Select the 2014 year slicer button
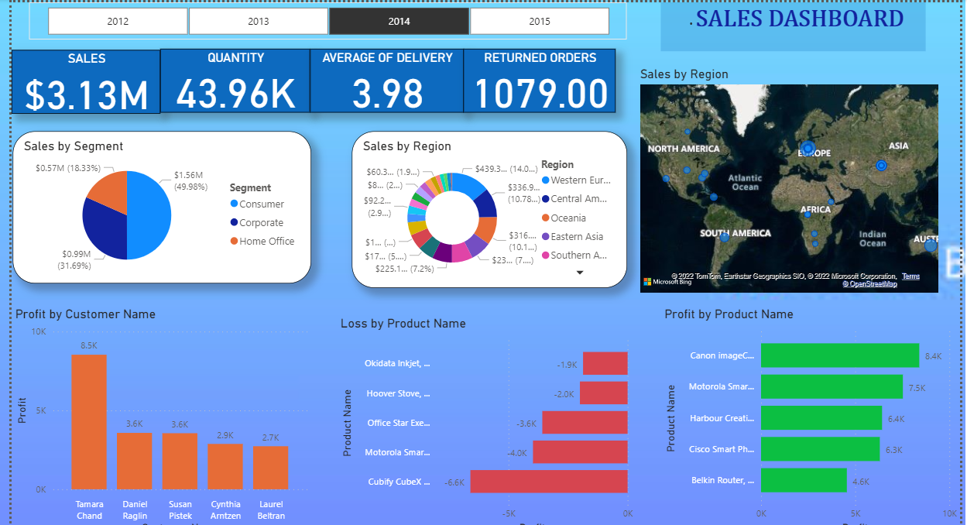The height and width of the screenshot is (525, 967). coord(399,21)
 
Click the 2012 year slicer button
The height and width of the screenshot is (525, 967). coord(118,21)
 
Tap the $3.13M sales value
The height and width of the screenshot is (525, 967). coord(86,94)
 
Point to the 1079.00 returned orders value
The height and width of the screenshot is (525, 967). coord(540,94)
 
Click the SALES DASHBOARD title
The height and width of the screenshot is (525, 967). coord(799,19)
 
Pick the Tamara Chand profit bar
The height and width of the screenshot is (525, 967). coord(89,421)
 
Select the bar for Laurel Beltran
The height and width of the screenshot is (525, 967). coord(270,467)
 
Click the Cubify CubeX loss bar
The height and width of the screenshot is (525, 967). coord(549,482)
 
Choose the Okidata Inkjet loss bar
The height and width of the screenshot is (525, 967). coord(605,363)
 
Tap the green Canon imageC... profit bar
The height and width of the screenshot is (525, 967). coord(840,355)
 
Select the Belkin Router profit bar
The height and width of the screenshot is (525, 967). coord(804,480)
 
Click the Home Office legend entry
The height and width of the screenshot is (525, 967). coord(266,242)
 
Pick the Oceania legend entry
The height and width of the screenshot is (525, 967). coord(568,218)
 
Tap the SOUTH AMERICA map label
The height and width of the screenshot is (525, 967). coord(736,233)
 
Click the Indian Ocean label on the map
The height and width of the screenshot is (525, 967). coord(873,238)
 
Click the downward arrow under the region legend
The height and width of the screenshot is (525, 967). coord(579,273)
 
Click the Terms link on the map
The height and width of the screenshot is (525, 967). coord(910,276)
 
